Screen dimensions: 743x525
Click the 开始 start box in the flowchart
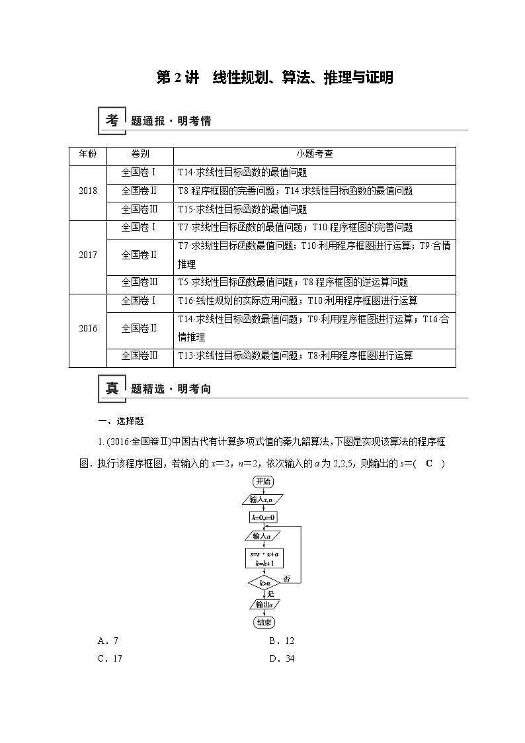[x=263, y=481]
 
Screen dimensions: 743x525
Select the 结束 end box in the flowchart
[x=263, y=622]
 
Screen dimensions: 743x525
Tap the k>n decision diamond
[x=263, y=583]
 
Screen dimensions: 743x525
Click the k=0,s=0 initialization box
[x=263, y=517]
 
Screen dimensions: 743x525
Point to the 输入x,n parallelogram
[x=263, y=499]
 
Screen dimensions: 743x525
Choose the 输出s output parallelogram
[x=263, y=604]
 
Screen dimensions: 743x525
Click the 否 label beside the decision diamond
[x=286, y=579]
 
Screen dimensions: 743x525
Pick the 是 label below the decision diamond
[x=270, y=594]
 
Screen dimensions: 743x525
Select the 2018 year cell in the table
[x=88, y=191]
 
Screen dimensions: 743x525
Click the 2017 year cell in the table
[x=88, y=255]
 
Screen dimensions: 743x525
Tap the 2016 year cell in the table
[x=88, y=328]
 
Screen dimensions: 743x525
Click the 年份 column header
[x=88, y=154]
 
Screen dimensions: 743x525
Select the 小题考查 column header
[x=314, y=154]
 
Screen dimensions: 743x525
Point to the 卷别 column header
[x=140, y=154]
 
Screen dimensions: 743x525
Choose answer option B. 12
[x=281, y=640]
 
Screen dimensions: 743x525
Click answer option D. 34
[x=281, y=658]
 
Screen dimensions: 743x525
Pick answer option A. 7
[x=107, y=640]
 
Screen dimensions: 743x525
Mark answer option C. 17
[x=110, y=658]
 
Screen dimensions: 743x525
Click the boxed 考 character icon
[x=112, y=120]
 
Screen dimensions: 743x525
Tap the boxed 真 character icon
[x=112, y=388]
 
